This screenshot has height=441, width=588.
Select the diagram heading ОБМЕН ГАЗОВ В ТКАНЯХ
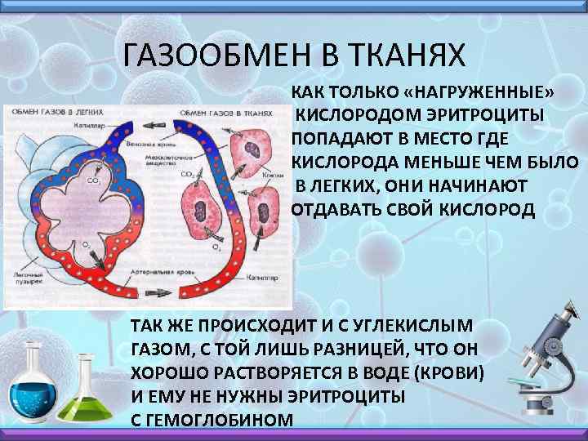point(225,113)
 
